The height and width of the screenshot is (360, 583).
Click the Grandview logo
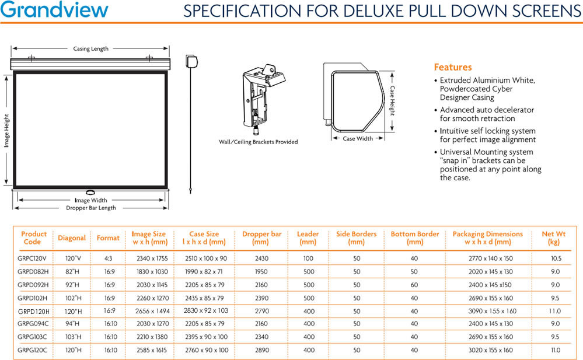point(54,11)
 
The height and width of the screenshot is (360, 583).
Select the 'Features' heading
point(452,67)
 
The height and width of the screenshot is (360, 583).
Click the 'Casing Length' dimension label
point(90,49)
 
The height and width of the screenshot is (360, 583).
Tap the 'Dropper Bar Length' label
point(90,208)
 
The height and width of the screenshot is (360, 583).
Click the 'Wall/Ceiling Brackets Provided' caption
point(258,142)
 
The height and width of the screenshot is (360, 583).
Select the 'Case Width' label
point(358,139)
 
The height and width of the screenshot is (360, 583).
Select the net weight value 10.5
point(555,258)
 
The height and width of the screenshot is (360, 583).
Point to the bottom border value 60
point(414,285)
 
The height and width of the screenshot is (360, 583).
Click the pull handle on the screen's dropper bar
point(90,193)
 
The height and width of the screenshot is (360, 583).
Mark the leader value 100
point(308,258)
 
